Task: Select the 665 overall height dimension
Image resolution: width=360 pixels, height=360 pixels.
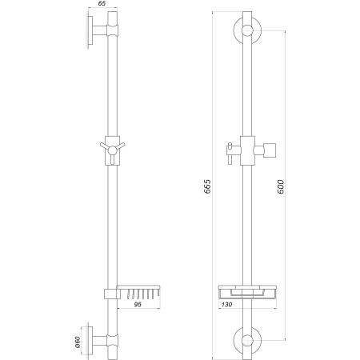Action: point(208,187)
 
